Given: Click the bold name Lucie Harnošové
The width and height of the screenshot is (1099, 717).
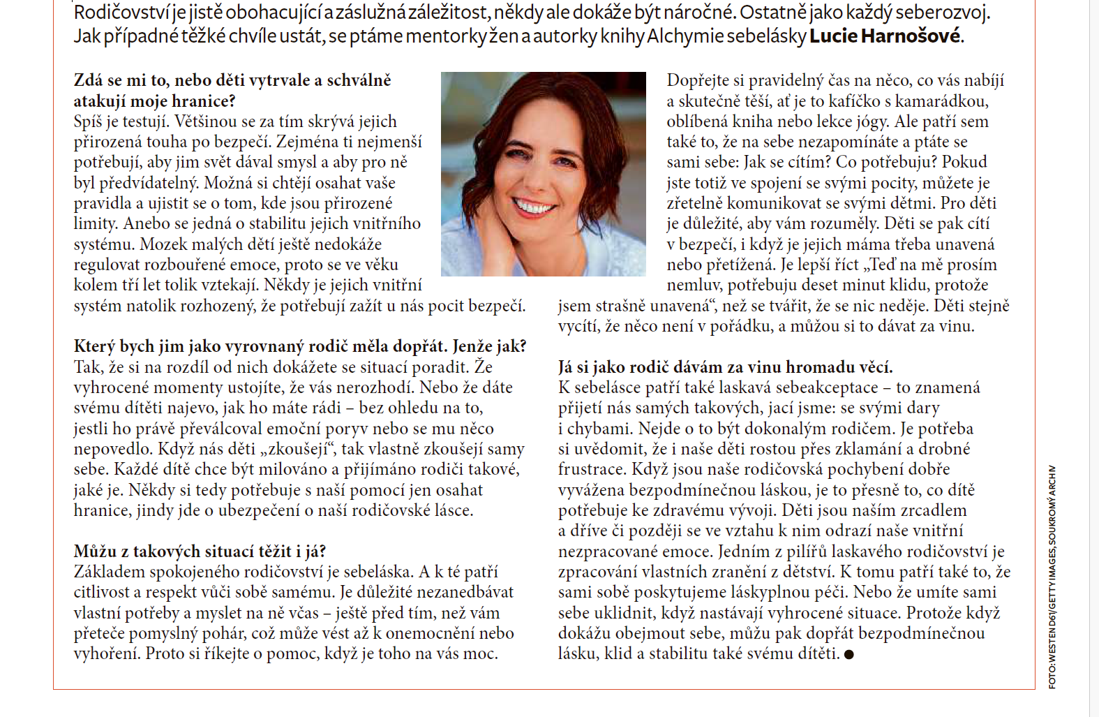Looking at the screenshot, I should (x=885, y=36).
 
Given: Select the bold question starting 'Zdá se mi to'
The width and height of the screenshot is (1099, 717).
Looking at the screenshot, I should (x=232, y=91).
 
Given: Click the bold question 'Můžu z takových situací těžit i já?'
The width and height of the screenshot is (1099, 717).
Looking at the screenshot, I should (x=200, y=552).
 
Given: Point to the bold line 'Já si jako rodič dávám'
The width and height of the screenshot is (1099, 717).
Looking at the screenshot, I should (x=725, y=367).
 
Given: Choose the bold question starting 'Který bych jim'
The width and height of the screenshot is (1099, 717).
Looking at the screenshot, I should (x=300, y=346).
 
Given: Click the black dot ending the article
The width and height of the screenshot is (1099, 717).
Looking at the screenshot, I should (x=848, y=655).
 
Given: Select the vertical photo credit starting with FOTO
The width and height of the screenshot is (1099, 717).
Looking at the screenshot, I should (x=1052, y=577).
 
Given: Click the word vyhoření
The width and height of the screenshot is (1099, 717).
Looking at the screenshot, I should (x=107, y=654).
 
